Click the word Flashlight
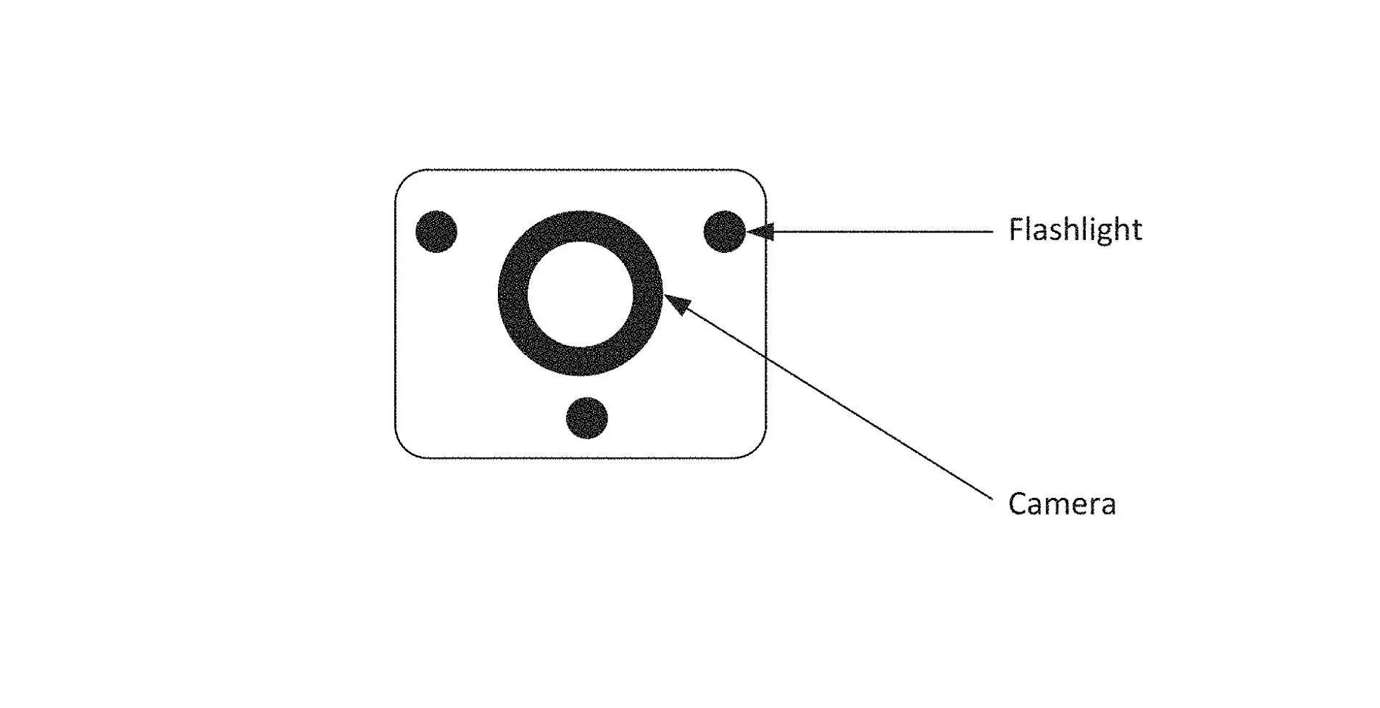1075,230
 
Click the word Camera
1061,504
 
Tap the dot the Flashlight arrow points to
724,232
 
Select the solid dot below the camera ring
586,418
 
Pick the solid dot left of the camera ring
436,232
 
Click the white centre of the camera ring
580,293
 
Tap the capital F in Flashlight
1016,230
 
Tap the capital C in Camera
1017,504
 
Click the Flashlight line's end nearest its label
992,232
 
